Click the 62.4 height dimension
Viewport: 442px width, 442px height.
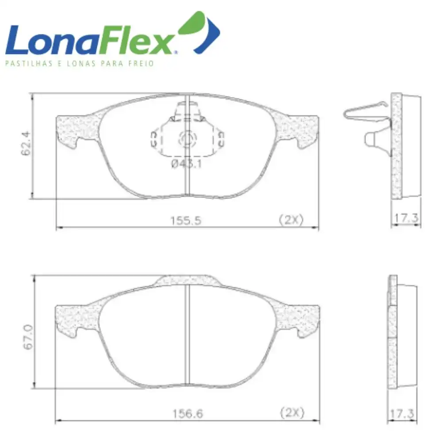(x=26, y=144)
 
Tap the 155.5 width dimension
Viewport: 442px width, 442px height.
(x=186, y=221)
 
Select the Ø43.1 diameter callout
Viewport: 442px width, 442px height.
(x=187, y=164)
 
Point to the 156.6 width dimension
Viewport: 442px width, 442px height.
(x=187, y=414)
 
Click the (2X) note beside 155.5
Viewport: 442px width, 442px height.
(x=291, y=220)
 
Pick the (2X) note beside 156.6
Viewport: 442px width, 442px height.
(x=292, y=413)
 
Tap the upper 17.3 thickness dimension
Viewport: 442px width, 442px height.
(x=406, y=218)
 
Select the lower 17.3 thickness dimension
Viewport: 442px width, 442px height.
(x=402, y=414)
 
